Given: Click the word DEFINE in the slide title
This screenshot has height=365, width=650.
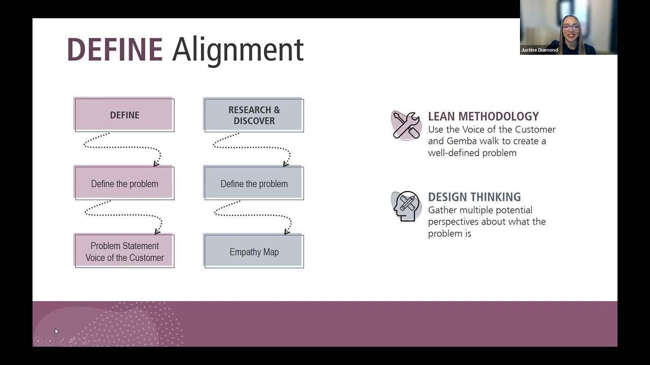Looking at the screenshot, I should point(114,50).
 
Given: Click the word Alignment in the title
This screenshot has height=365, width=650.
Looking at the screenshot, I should point(238,50).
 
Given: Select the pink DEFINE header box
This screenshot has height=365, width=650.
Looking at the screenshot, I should point(124,115).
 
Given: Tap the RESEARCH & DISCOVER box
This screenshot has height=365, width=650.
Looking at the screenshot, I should point(254,115).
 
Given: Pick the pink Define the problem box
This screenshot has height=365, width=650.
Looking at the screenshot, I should point(124,184).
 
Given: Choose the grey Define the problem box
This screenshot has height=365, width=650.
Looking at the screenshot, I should point(254,184).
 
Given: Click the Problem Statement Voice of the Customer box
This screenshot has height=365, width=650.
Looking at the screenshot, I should point(124,251).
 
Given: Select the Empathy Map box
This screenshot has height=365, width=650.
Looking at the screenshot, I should point(254,251).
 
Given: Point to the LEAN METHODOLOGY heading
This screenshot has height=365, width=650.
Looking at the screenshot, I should point(483,117).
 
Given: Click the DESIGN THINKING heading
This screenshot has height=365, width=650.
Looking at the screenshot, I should point(474,197).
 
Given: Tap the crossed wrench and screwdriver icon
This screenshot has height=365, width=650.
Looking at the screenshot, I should point(406,125).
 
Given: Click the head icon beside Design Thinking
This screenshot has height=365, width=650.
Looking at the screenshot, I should point(406,206).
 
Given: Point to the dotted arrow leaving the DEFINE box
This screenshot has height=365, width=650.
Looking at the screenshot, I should point(122,148).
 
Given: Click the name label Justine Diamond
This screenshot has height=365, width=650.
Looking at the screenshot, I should point(539,50).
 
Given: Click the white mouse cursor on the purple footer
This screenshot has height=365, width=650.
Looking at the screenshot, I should point(56,332).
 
